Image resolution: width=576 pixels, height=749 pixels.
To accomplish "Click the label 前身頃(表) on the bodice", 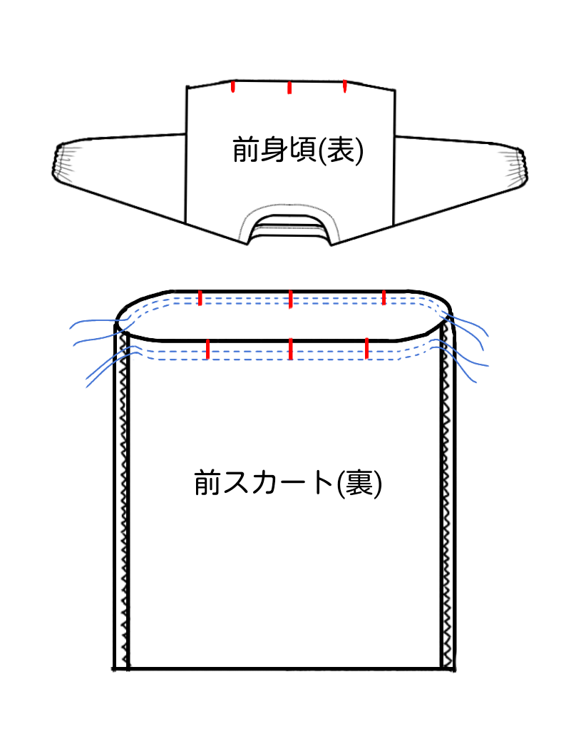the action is pos(298,150).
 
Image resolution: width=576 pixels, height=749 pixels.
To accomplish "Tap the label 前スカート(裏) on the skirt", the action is pos(288,484).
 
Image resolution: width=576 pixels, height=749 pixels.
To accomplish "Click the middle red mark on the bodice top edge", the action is pos(289,88).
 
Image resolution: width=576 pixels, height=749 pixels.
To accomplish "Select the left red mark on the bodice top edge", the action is pos(233,86).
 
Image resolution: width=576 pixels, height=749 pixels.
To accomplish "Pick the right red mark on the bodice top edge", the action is pos(345,86).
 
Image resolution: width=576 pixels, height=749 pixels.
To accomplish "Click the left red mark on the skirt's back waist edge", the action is pos(201,297).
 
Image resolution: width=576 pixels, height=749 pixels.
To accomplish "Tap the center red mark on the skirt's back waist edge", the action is pos(290,299).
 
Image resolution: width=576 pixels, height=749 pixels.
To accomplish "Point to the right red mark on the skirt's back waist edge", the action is pos(384,297).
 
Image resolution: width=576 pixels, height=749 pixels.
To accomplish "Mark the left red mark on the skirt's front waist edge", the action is pos(207,349).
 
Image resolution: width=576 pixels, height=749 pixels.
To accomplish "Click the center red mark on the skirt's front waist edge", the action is pos(291,350).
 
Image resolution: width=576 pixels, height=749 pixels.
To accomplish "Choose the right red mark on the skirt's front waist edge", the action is pos(367,349).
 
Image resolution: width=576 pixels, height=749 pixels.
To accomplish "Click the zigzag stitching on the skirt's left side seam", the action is pos(126,499).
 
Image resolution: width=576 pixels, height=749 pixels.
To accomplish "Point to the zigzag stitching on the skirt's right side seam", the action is pos(447,499).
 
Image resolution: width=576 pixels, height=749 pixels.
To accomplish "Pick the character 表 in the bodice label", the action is pos(341,151).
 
